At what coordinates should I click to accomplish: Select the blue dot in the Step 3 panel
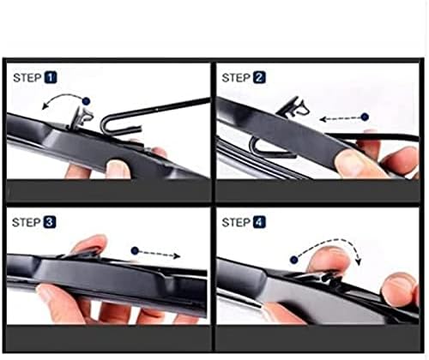[136, 251]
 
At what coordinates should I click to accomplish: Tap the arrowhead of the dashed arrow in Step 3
[177, 255]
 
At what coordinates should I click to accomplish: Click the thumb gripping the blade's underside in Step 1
[116, 166]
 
